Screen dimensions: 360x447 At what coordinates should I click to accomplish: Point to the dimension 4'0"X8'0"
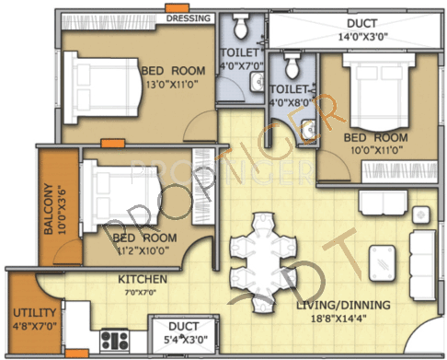click(x=292, y=102)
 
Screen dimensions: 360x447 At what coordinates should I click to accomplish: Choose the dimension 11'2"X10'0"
click(x=146, y=250)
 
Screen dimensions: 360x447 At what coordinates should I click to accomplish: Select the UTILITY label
click(x=34, y=311)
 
